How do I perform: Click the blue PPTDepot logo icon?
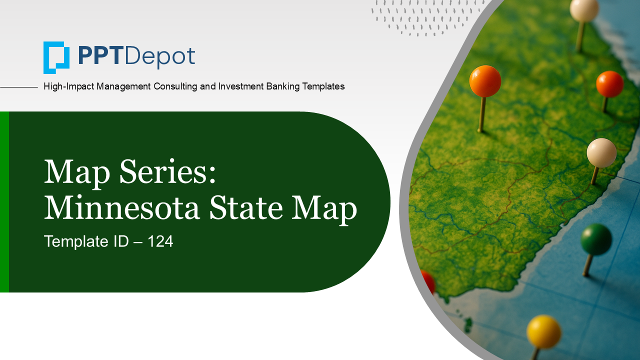[56, 57]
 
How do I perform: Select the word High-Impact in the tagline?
[69, 86]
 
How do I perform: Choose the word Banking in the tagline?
[282, 86]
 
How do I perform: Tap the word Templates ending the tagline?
[323, 86]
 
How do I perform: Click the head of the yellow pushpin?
[543, 331]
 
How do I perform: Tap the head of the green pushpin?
[596, 239]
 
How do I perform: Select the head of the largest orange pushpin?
[485, 81]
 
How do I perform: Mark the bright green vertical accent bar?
[4, 202]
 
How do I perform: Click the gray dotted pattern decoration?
[427, 17]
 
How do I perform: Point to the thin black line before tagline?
[19, 87]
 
